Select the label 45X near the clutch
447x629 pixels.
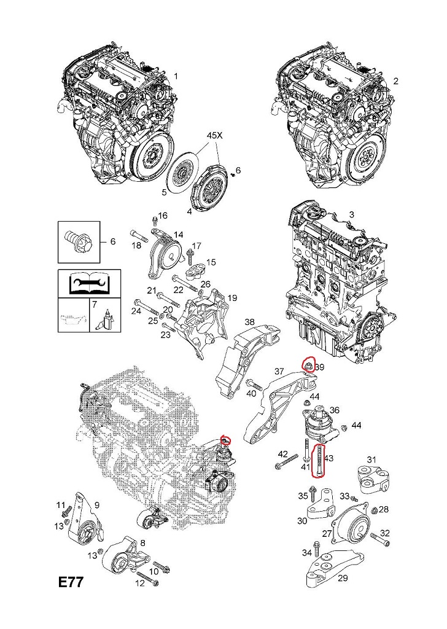(x=216, y=135)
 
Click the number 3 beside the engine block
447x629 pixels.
(x=352, y=214)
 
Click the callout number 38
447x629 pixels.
(x=249, y=322)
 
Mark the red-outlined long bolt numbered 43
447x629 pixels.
(x=320, y=461)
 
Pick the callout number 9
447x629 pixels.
(x=96, y=504)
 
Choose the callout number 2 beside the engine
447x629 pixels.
(x=395, y=81)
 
